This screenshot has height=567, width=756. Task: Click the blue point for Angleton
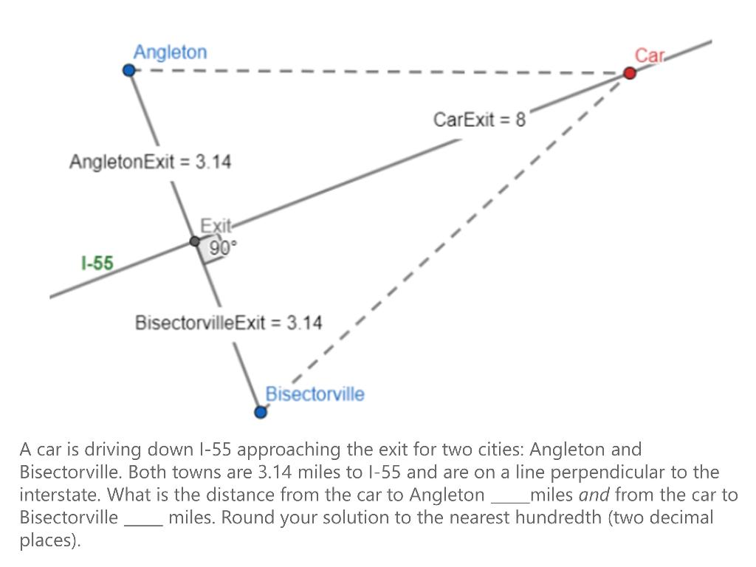[x=129, y=70]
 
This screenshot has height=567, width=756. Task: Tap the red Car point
[x=630, y=72]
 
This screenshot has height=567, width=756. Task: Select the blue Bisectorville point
[x=260, y=412]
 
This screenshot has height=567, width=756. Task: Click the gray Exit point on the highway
[x=195, y=241]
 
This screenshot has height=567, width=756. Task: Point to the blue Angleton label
[x=170, y=52]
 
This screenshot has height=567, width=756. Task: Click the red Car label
[x=650, y=55]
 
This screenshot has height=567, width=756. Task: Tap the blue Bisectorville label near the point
[x=315, y=394]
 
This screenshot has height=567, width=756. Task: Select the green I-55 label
[x=97, y=263]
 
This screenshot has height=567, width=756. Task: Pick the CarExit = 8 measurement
[x=479, y=120]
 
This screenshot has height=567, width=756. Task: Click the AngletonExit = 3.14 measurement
[x=150, y=162]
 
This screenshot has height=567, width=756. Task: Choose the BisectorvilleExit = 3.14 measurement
[x=228, y=323]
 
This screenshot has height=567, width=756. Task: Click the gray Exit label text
[x=216, y=225]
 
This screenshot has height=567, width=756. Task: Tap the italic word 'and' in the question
[x=594, y=495]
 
